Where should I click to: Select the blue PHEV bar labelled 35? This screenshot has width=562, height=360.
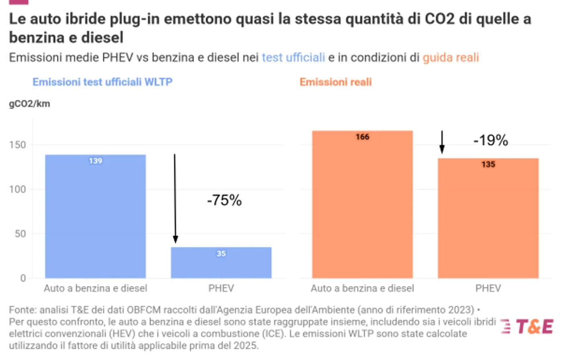coord(221,262)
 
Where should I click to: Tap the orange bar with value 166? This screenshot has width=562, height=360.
coord(362,204)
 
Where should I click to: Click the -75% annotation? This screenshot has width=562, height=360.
coord(224,200)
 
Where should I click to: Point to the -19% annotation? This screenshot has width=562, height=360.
coord(491,140)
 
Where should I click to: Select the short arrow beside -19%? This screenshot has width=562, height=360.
coord(442,142)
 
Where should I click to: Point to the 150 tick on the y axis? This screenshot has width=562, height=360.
coord(18,144)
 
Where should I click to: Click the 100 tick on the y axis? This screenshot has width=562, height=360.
coord(18,189)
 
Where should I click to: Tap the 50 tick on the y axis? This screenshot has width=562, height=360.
coord(20,234)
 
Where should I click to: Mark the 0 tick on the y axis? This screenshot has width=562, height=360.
coord(23,278)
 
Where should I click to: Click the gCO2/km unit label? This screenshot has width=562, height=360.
coord(30,104)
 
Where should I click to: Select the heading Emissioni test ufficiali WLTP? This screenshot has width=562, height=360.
coord(102,82)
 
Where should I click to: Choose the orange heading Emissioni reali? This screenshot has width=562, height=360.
coord(336,82)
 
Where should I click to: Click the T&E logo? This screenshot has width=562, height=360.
coord(527,326)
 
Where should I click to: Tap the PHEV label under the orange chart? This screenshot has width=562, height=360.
coord(488,288)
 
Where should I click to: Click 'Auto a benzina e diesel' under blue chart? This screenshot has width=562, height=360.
coord(96,288)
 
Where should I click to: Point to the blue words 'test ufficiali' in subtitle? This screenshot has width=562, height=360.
coord(293,57)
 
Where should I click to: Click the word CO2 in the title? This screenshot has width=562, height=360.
coord(440,19)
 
